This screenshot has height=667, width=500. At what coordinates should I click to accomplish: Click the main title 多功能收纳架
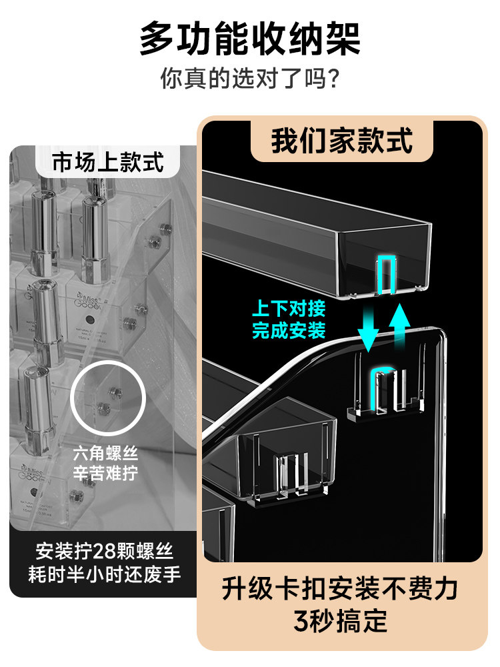(249, 39)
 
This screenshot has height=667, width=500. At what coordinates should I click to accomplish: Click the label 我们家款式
(341, 141)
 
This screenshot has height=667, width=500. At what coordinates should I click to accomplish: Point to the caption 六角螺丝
(107, 456)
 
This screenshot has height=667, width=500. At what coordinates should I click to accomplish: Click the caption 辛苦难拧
(107, 475)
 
